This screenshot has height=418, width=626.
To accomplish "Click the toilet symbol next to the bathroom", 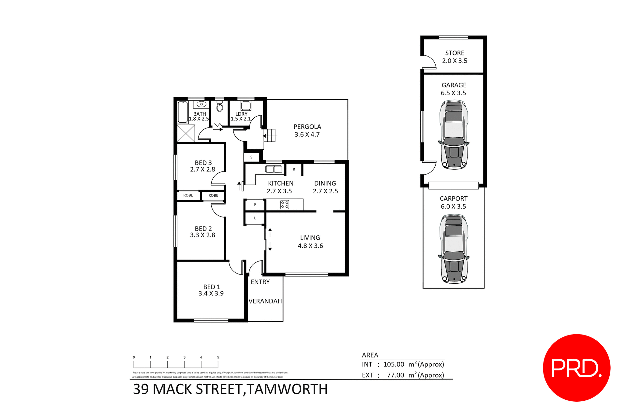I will [219, 106].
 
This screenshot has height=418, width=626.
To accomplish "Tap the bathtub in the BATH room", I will [183, 112].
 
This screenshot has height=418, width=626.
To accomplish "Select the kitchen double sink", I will [274, 169].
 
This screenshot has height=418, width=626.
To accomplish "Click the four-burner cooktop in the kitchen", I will [285, 205].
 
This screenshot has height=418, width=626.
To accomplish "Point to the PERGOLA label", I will [307, 127].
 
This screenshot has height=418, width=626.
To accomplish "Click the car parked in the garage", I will [454, 135].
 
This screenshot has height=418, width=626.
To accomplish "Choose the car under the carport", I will [454, 248].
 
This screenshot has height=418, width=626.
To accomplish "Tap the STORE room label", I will [455, 53].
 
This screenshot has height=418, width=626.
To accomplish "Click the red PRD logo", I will [576, 368].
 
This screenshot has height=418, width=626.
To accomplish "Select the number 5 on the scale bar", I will [218, 357].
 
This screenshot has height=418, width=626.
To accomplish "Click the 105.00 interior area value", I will [394, 365].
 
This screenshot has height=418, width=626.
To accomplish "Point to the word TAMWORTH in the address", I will [287, 389].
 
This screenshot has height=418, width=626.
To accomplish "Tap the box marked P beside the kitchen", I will [255, 204].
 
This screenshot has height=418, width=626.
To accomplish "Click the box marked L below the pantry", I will [255, 218].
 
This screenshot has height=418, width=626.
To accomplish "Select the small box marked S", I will [251, 157].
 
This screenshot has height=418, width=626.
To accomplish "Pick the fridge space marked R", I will [294, 169].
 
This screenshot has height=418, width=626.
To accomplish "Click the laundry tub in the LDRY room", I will [246, 106].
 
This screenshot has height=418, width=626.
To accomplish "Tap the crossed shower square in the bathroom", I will [186, 133].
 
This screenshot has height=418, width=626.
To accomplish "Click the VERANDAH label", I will [265, 301].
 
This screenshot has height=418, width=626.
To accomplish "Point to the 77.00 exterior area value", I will [395, 375].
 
